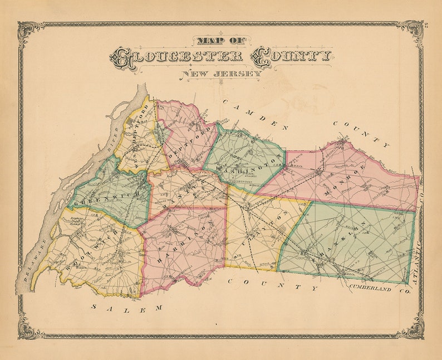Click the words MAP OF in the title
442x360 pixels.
tap(221, 40)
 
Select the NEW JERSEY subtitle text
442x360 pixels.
tap(221, 74)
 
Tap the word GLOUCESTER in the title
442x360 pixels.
tap(177, 57)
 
